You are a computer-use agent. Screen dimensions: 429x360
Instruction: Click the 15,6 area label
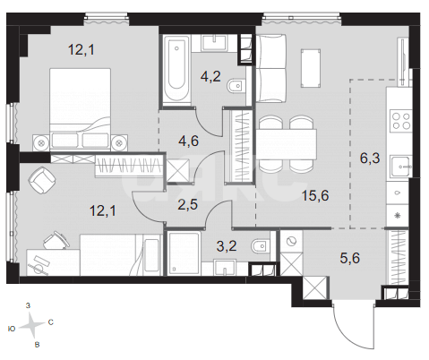click(x=315, y=196)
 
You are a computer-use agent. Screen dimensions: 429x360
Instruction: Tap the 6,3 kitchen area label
click(x=370, y=158)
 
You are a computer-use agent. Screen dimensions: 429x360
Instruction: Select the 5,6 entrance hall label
click(x=350, y=258)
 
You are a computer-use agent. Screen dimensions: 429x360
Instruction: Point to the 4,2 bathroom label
click(x=210, y=76)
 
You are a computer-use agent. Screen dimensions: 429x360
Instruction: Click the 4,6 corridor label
click(x=188, y=141)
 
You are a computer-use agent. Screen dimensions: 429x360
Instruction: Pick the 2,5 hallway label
click(x=187, y=205)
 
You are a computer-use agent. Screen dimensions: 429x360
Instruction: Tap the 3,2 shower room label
click(x=227, y=246)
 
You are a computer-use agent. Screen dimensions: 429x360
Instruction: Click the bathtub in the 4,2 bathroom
click(x=176, y=70)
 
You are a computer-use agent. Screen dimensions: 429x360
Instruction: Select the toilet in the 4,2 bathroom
click(x=236, y=86)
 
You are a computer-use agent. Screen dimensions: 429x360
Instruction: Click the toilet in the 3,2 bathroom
click(x=261, y=246)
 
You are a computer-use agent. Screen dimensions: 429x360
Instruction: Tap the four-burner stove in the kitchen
click(x=401, y=121)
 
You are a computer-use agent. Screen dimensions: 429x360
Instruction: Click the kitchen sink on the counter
click(x=401, y=167)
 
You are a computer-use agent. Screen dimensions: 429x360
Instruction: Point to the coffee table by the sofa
click(x=311, y=68)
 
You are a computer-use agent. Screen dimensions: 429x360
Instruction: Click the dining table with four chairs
click(x=287, y=144)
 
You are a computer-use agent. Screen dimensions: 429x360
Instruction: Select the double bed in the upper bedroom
click(x=80, y=108)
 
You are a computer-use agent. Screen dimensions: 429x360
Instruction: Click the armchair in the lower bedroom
click(x=42, y=179)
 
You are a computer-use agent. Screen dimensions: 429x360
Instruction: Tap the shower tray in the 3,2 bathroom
click(x=184, y=253)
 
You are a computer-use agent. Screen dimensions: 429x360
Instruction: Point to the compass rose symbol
click(x=32, y=325)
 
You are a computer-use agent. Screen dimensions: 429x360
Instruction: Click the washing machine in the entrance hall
click(x=291, y=241)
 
